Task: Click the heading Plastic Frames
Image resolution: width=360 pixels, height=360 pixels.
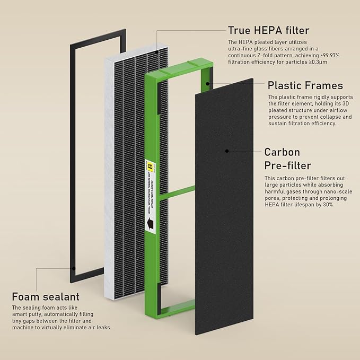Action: click(305, 85)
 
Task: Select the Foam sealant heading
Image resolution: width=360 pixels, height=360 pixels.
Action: click(46, 296)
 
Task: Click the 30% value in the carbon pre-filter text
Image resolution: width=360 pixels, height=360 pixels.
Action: click(327, 205)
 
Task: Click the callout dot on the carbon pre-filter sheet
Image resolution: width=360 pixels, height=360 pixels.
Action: click(227, 151)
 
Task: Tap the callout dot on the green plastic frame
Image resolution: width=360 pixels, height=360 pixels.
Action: click(210, 83)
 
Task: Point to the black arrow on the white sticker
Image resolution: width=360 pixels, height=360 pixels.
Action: click(151, 225)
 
